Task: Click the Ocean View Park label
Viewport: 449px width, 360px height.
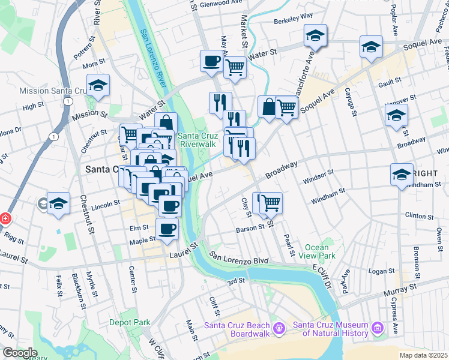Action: pos(316,251)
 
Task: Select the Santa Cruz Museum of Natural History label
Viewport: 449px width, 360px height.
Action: pos(330,329)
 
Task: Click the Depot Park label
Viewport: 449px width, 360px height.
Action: pos(130,322)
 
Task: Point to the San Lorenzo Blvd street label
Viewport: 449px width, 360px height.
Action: pos(238,258)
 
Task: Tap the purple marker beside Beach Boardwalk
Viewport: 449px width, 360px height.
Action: pos(278,328)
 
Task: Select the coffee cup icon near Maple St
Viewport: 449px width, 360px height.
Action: pos(167,229)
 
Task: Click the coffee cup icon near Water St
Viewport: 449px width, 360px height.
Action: pos(211,61)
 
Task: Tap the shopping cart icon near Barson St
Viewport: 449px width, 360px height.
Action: pos(271,203)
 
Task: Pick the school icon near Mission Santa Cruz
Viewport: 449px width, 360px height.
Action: pos(98,86)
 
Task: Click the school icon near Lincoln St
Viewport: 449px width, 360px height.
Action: pos(59,203)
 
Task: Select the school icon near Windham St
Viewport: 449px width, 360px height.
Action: pos(402,175)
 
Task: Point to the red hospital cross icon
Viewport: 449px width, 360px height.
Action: pos(4,218)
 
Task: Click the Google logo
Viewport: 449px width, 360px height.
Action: pos(20,353)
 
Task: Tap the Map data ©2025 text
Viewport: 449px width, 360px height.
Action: pos(423,355)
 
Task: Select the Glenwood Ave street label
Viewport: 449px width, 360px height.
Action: pos(219,3)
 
